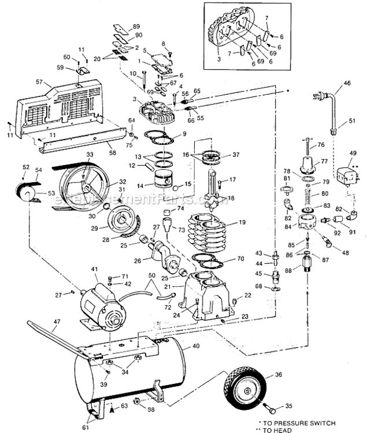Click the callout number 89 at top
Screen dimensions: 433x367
pos(136,27)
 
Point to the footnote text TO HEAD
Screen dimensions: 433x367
pos(312,430)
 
